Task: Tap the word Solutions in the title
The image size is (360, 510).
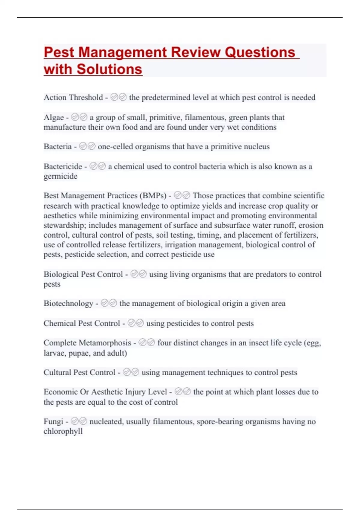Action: pos(109,69)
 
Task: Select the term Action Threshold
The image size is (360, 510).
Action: pos(73,97)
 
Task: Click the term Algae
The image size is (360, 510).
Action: pos(54,117)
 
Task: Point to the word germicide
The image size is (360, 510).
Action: pos(61,176)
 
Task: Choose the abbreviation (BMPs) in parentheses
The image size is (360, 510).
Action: pos(153,196)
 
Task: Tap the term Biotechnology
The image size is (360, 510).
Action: pos(68,304)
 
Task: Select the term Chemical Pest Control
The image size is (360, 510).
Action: pos(82,323)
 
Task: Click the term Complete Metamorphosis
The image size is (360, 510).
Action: pos(87,343)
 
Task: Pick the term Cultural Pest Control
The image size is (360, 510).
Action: pos(79,373)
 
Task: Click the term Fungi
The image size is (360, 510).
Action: pos(53,421)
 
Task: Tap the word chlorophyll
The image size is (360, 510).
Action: pos(63,431)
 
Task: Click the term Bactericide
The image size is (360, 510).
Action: pos(63,166)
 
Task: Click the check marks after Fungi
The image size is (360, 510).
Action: pos(79,421)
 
